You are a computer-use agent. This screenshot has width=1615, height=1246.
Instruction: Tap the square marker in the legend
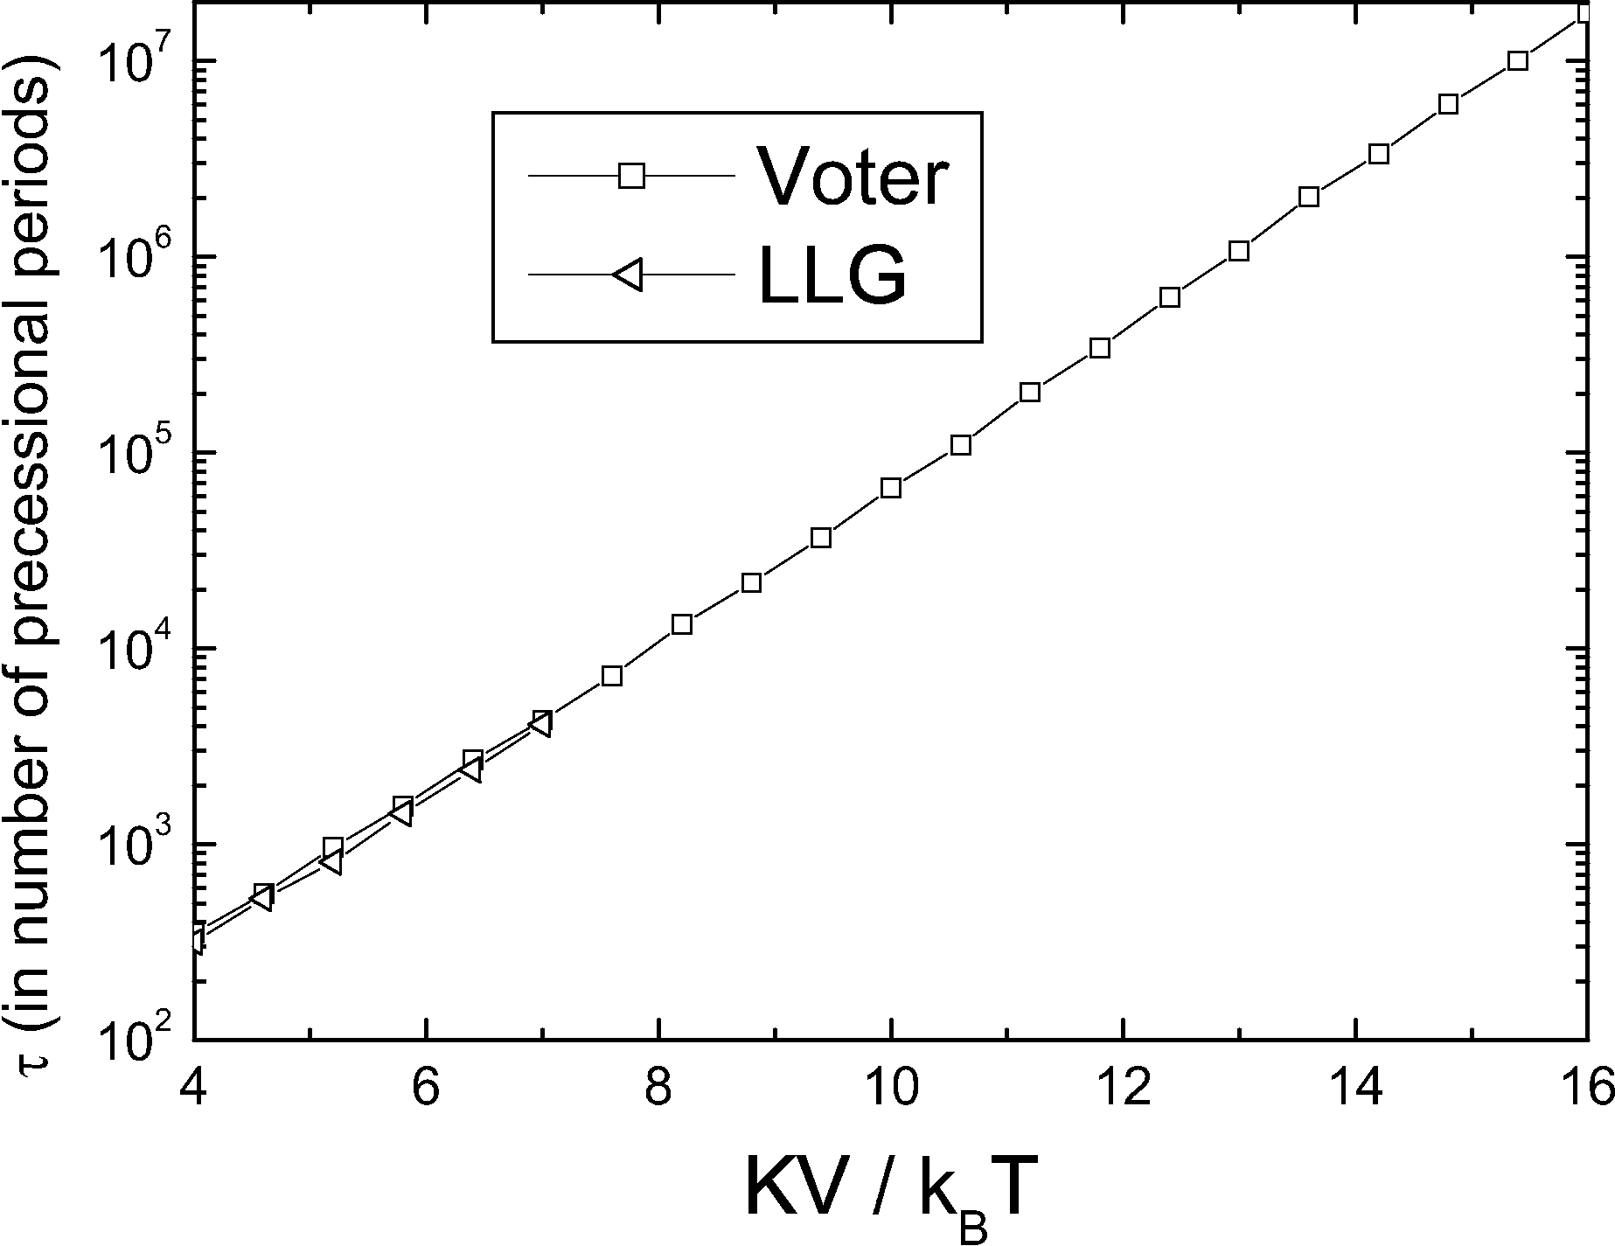[x=631, y=176]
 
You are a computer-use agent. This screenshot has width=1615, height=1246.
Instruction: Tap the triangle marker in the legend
[x=630, y=275]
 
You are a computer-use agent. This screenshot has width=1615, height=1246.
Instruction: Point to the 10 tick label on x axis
[x=891, y=1088]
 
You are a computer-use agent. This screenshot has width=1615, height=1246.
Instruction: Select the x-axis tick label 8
[x=658, y=1088]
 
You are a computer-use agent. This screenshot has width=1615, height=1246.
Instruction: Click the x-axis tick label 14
[x=1356, y=1088]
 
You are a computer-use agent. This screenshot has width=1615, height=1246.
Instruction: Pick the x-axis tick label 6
[x=426, y=1088]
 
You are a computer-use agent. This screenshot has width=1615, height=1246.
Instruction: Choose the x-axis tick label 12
[x=1124, y=1088]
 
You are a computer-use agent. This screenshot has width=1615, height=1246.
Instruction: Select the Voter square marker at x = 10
[x=891, y=488]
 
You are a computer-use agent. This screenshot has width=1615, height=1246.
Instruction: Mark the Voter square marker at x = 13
[x=1239, y=251]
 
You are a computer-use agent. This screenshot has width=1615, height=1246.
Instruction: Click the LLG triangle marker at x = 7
[x=540, y=725]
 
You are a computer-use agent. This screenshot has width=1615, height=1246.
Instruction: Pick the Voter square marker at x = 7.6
[x=612, y=675]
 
